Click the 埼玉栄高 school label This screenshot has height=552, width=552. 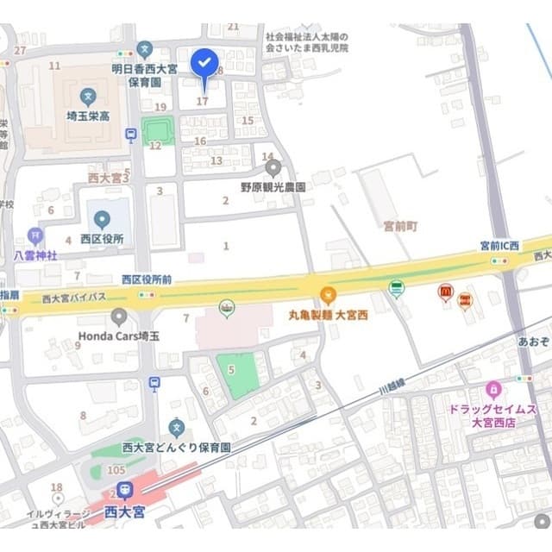pyautogui.click(x=88, y=116)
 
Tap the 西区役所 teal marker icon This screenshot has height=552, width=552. pyautogui.click(x=102, y=219)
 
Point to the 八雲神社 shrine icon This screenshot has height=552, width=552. pyautogui.click(x=34, y=235)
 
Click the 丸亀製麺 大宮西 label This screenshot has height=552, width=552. pyautogui.click(x=328, y=316)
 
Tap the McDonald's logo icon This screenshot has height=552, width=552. pyautogui.click(x=445, y=293)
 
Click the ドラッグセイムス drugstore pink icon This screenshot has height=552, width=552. pyautogui.click(x=493, y=389)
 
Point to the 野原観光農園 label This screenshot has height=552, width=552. pyautogui.click(x=273, y=185)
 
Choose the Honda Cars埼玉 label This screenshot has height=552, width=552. pyautogui.click(x=119, y=336)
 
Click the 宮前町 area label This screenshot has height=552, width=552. pyautogui.click(x=399, y=226)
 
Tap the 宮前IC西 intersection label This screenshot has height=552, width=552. pyautogui.click(x=500, y=246)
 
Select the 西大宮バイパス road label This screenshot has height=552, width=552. pyautogui.click(x=74, y=297)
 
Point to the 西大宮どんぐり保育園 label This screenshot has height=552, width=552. pyautogui.click(x=177, y=448)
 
